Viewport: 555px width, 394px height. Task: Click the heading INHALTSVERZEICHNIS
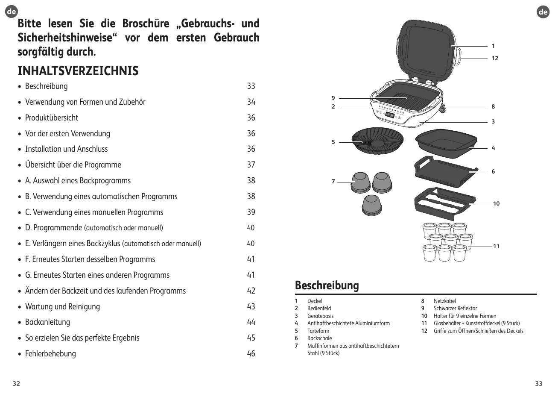point(78,71)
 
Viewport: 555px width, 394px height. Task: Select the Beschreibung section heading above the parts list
point(327,285)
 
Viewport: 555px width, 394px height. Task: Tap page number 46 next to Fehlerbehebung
point(251,353)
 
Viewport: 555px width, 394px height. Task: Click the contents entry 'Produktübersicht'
point(52,118)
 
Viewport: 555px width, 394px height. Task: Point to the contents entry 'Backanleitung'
point(47,322)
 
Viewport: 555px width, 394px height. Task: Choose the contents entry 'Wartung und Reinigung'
point(62,306)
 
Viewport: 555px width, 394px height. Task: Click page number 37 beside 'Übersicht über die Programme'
point(251,165)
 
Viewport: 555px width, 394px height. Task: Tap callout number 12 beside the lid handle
point(495,58)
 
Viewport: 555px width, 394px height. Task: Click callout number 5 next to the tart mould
point(333,142)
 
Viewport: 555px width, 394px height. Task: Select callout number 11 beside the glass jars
point(496,247)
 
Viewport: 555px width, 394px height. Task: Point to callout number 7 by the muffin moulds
point(333,182)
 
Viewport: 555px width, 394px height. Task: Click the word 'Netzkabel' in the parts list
point(445,301)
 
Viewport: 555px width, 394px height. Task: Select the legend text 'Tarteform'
point(318,331)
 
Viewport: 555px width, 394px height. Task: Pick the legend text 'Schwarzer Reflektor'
point(455,308)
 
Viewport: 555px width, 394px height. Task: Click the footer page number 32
point(16,383)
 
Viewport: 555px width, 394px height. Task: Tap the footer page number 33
point(539,383)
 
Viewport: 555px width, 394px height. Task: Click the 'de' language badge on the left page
point(12,12)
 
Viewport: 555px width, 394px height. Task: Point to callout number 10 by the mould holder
point(496,204)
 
